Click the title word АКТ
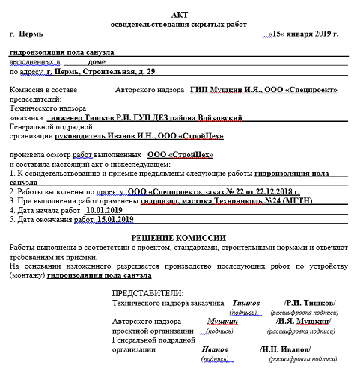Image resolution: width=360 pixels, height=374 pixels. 180,15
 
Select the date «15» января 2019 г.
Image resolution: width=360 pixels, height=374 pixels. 305,34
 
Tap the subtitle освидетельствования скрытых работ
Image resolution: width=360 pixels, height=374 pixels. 180,25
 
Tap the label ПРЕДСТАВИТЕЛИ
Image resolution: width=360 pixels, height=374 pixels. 147,293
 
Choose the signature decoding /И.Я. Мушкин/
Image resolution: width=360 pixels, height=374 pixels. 303,321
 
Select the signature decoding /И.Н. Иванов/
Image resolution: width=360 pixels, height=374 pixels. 284,349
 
